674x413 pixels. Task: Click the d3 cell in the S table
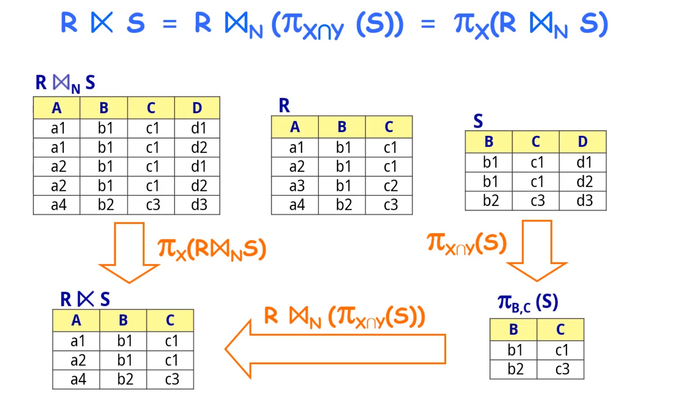click(x=584, y=201)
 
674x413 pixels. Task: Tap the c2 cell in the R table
click(x=390, y=186)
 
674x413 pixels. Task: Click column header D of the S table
click(x=582, y=142)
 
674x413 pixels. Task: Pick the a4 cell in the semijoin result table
click(x=78, y=379)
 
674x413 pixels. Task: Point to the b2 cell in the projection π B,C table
click(x=515, y=369)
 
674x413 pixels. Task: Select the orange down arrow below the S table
click(x=537, y=249)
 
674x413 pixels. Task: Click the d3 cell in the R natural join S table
click(x=199, y=205)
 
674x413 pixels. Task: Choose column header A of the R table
click(x=294, y=127)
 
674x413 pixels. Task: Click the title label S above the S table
click(x=478, y=121)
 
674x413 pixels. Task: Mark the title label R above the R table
click(x=284, y=105)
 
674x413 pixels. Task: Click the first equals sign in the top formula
click(x=169, y=24)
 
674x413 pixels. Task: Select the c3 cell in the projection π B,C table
click(x=562, y=369)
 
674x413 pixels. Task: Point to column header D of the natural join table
click(x=197, y=108)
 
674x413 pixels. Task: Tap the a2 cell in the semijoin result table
click(x=78, y=360)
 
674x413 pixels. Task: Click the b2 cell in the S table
click(x=490, y=201)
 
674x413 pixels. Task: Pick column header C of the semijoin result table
click(x=170, y=320)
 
